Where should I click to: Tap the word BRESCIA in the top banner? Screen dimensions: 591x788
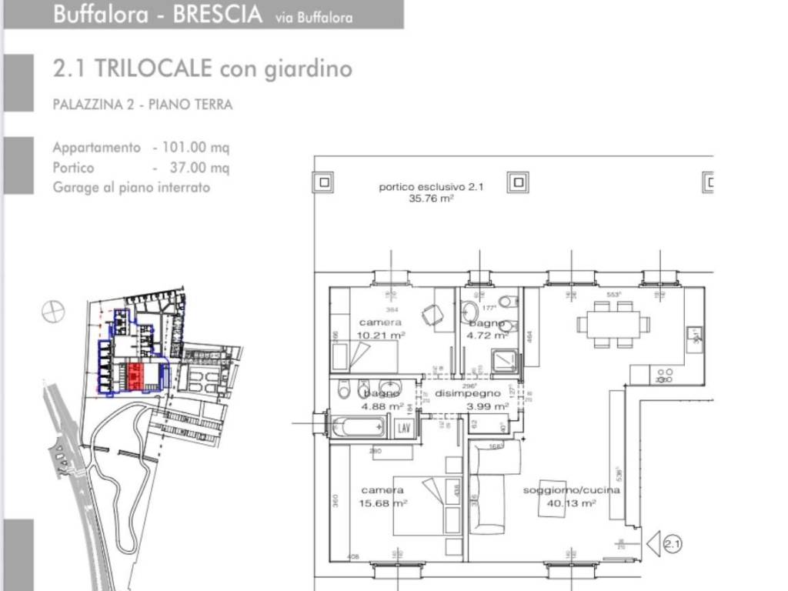click(x=217, y=15)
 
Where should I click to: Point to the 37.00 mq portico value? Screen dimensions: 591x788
click(x=202, y=167)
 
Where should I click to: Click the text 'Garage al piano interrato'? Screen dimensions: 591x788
click(x=131, y=187)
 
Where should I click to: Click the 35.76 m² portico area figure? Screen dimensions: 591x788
click(x=431, y=199)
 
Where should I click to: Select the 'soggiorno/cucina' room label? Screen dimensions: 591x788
click(x=559, y=490)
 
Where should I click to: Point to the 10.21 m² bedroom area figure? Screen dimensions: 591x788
click(x=382, y=335)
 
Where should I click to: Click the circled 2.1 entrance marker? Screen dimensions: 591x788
click(x=672, y=545)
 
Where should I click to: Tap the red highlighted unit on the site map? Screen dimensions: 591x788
click(x=135, y=376)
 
